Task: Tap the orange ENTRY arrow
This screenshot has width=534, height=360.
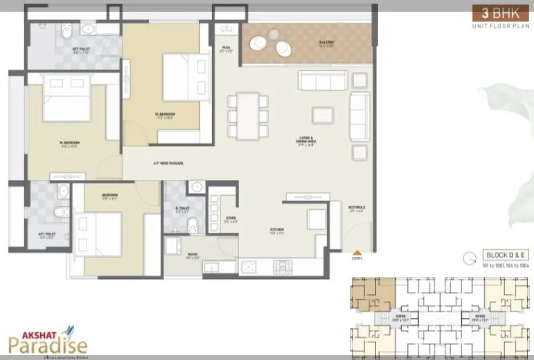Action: [357, 253]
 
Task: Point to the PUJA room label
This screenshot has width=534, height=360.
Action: [226, 48]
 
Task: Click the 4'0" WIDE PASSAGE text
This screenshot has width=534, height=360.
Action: [166, 164]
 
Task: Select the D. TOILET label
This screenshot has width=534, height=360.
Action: [182, 209]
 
